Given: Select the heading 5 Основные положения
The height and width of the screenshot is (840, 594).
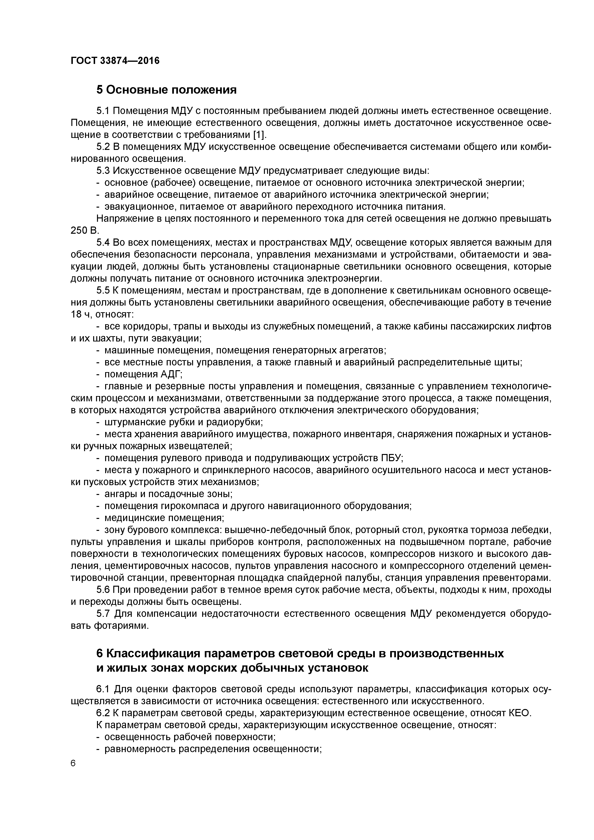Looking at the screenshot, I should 166,90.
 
